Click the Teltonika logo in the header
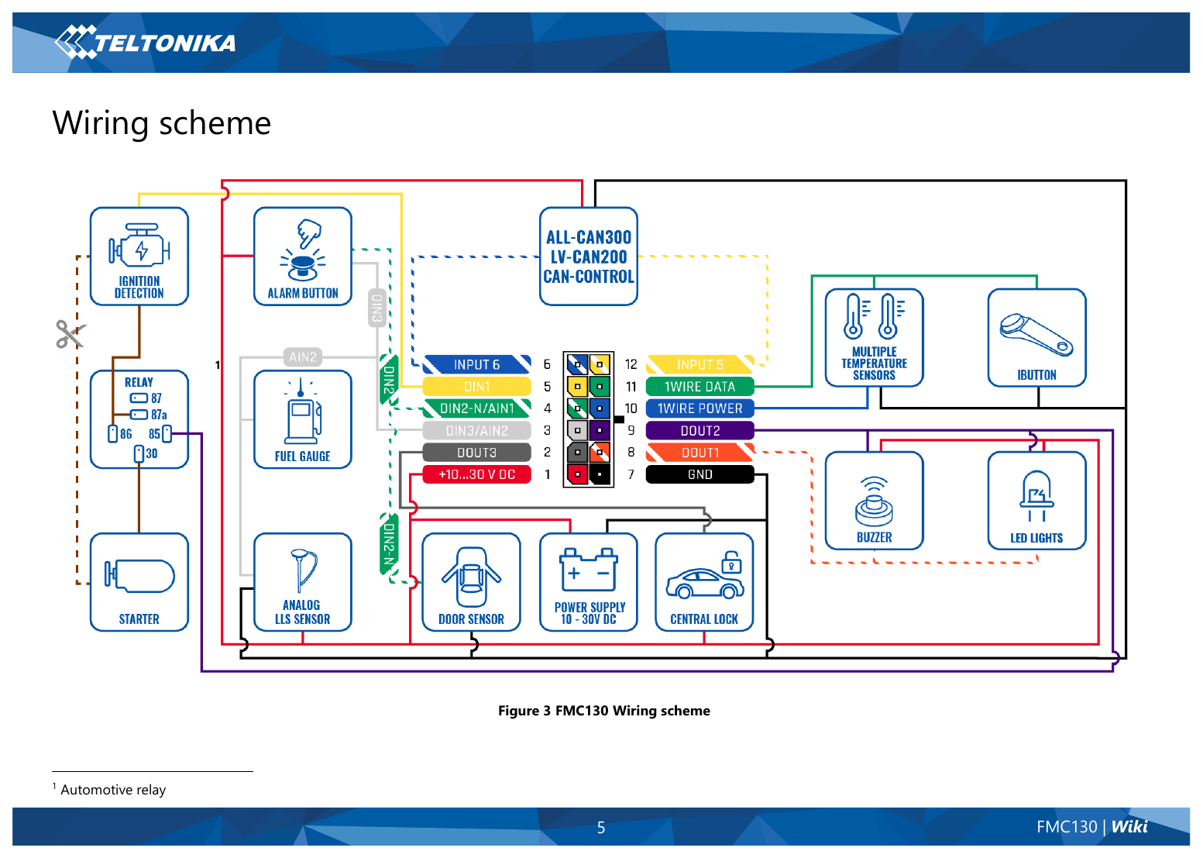[x=145, y=42]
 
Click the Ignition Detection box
[x=139, y=257]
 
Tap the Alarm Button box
[x=303, y=257]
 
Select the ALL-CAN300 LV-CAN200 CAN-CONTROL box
[x=589, y=257]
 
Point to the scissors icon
[x=70, y=333]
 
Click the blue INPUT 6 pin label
[x=477, y=364]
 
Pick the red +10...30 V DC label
[x=477, y=474]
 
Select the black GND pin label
[x=699, y=474]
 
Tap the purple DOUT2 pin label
[x=699, y=430]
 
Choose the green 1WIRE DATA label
[x=699, y=386]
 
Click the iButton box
[x=1037, y=338]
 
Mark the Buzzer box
[x=875, y=501]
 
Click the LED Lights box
[x=1037, y=501]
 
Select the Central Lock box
[x=704, y=582]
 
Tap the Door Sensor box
[x=472, y=582]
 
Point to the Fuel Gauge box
[x=303, y=419]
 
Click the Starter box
[x=139, y=582]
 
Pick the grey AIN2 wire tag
[x=303, y=357]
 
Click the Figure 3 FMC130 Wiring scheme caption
[x=603, y=711]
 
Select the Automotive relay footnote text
[x=113, y=790]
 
